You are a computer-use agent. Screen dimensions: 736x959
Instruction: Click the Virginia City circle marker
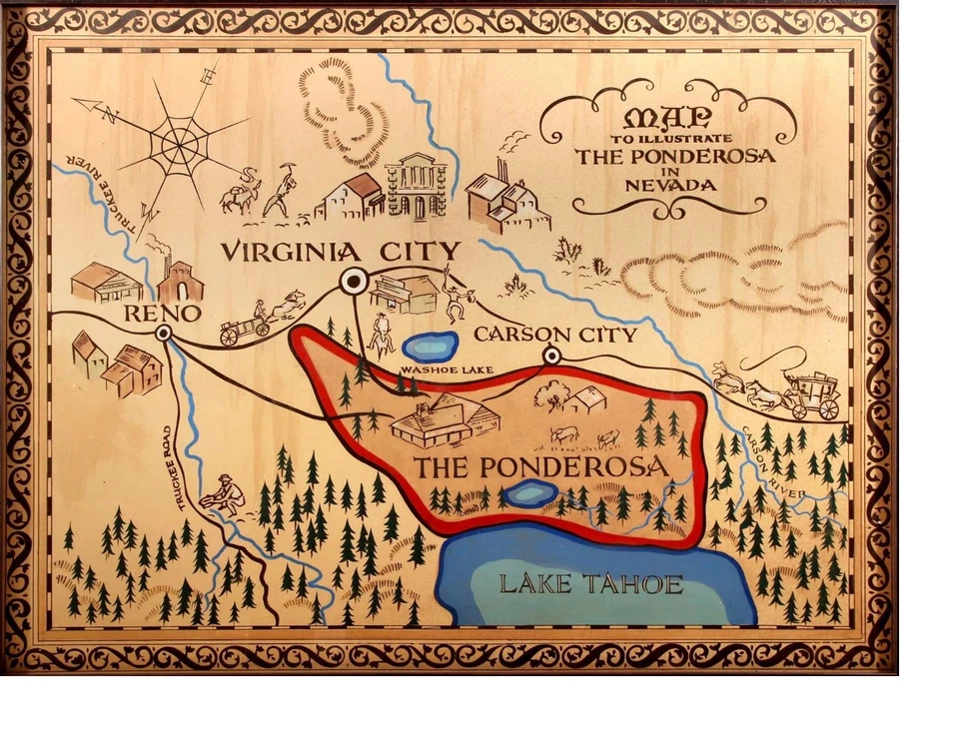(353, 283)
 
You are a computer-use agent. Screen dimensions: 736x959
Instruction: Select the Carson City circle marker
(550, 356)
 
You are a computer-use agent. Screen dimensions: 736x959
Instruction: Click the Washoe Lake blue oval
(431, 347)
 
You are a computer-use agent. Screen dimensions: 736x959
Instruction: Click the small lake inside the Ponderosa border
(529, 493)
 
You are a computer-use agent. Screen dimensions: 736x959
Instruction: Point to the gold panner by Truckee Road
(225, 495)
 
